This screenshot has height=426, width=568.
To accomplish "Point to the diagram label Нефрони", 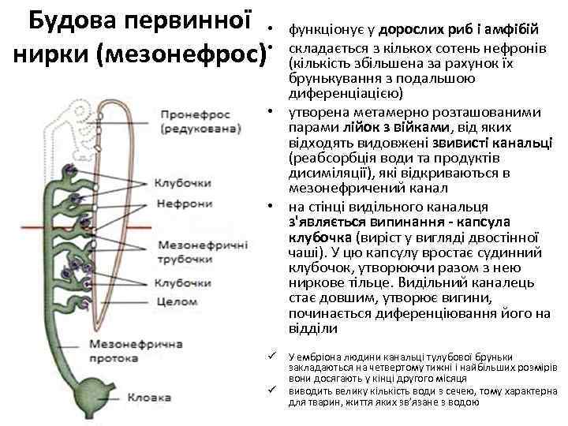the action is [184, 203].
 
